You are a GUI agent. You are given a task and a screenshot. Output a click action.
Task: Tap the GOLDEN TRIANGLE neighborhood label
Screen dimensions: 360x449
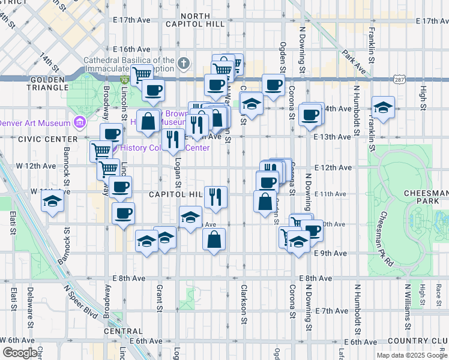point(46,83)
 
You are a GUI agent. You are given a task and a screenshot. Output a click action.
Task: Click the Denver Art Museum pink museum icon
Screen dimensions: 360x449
point(79,123)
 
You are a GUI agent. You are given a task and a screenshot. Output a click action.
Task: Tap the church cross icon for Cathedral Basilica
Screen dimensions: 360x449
point(184,61)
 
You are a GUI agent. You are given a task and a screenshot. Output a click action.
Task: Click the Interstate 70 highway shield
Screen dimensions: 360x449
point(124,80)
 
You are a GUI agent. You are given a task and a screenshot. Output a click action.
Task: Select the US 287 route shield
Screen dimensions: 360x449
point(399,79)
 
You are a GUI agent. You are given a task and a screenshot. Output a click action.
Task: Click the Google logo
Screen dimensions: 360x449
point(20,353)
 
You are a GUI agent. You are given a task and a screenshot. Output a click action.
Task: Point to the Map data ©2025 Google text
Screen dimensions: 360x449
point(411,355)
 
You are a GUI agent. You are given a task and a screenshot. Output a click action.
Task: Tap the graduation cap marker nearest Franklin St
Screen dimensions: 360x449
point(383,107)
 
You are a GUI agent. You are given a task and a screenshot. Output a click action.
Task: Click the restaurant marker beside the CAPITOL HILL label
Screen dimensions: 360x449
point(215,196)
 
